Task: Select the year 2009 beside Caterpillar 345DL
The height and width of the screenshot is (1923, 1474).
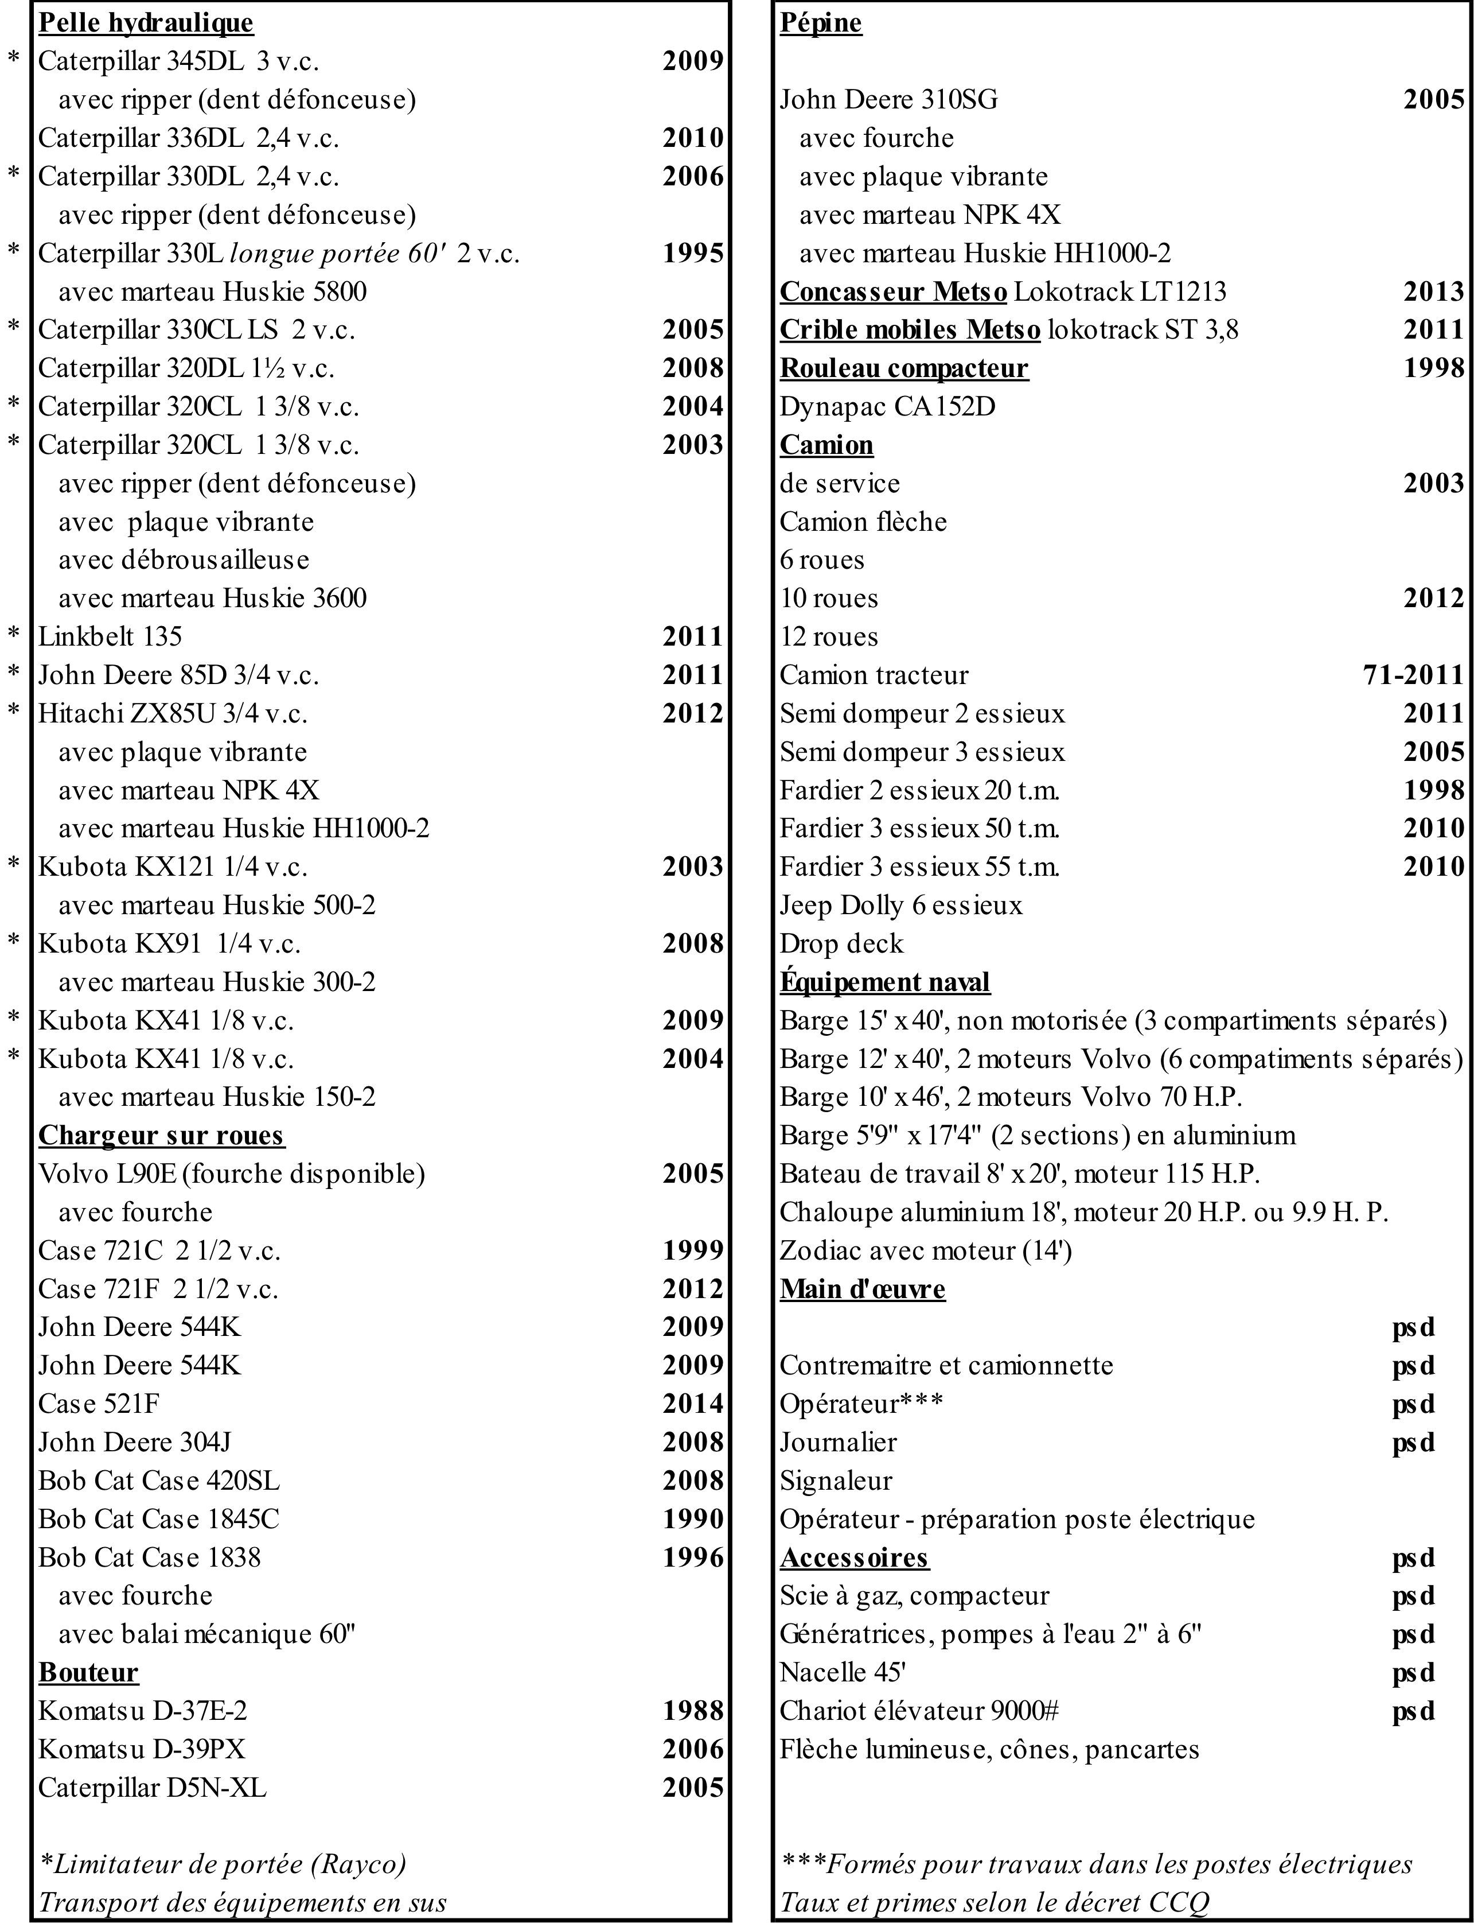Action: coord(692,61)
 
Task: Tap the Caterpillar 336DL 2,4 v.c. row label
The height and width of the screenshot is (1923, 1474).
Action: coord(189,138)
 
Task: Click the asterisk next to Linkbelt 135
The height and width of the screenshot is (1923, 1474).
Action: coord(14,635)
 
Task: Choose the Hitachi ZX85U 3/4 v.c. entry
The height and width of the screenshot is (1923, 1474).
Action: coord(173,713)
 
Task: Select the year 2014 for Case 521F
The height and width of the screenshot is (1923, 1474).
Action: coord(692,1404)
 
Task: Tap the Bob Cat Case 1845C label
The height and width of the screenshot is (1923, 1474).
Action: coord(159,1518)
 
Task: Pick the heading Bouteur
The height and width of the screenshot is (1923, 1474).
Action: coord(89,1672)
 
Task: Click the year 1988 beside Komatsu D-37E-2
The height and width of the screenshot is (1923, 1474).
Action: coord(692,1711)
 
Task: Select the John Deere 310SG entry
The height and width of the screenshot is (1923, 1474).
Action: coord(889,99)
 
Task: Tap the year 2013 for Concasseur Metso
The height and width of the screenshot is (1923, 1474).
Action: coord(1434,292)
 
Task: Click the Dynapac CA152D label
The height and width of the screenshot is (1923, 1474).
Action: coord(887,406)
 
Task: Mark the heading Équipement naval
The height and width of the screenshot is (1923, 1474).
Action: coord(884,981)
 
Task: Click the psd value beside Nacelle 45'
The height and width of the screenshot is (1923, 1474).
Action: coord(1413,1672)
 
